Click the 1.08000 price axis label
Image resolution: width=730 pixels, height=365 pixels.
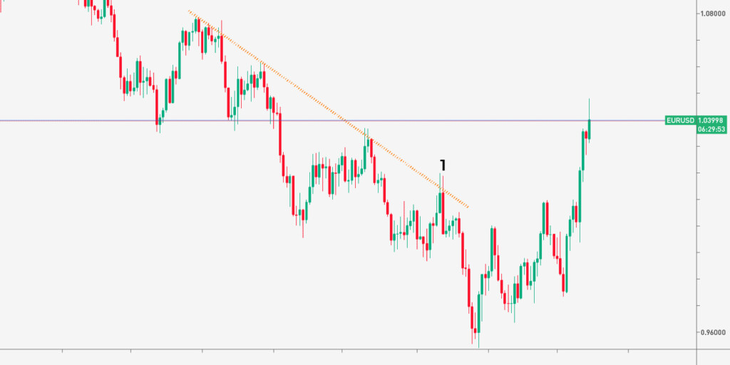point(713,13)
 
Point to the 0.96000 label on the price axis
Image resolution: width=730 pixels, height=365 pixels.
point(713,332)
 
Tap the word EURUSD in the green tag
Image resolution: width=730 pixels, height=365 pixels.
point(679,120)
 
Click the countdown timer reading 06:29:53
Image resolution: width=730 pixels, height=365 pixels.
point(711,130)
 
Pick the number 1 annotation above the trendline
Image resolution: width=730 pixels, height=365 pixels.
point(443,165)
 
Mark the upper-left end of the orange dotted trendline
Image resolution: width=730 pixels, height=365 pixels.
point(190,11)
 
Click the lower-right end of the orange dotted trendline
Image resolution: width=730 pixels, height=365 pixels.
point(468,207)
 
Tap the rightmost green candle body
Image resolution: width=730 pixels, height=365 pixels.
point(589,129)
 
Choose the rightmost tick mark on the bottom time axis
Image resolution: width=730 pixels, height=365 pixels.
point(557,351)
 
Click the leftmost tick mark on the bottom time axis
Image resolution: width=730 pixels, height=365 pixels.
point(63,351)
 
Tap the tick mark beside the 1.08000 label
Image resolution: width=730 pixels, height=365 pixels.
point(699,13)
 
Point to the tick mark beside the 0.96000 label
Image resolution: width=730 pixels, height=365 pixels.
point(699,332)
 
